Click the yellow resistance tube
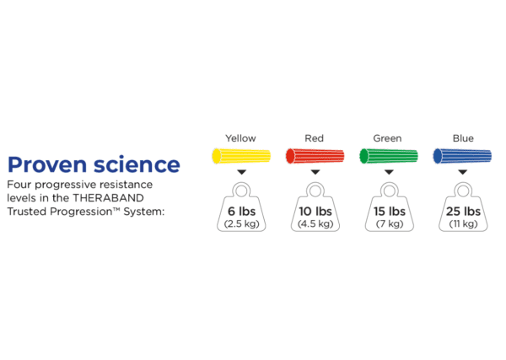pos(241,156)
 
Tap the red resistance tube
pos(315,156)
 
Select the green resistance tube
pos(389,156)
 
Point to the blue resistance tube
pos(462,156)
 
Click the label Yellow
pos(240,138)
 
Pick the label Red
pos(314,138)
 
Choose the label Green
pos(387,138)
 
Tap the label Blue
pos(463,138)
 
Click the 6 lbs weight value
pos(241,212)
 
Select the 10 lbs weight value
pos(315,212)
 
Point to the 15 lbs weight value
pos(390,212)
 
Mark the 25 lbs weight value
pos(463,212)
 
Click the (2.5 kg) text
pos(242,224)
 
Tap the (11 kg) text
pos(463,224)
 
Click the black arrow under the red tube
pos(315,172)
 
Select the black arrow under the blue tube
pos(463,172)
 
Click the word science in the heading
pos(137,164)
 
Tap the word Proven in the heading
pos(47,164)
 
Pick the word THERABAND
pos(108,198)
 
